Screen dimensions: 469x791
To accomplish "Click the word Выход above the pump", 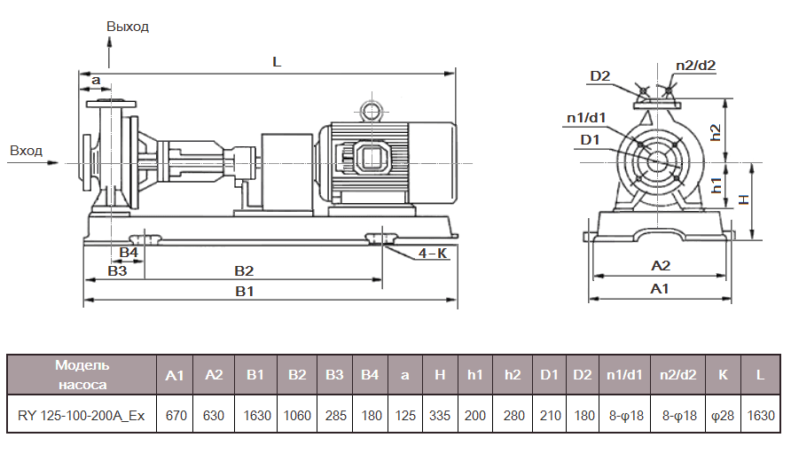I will click(128, 27).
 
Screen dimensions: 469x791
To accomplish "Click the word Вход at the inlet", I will click(26, 151).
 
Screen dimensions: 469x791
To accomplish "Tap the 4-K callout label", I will click(433, 254).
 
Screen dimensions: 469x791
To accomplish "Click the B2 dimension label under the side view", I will click(244, 270).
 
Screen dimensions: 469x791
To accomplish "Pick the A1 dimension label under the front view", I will click(660, 289).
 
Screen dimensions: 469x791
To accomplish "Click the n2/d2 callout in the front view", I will click(695, 65).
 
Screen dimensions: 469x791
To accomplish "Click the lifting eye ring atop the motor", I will click(368, 110).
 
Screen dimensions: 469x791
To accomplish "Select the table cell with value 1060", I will click(296, 414).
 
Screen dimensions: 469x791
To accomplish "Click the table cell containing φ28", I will click(723, 414).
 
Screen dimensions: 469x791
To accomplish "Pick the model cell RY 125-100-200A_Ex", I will click(82, 414).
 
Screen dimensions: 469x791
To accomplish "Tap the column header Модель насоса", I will click(82, 375).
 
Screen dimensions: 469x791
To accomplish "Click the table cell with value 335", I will click(440, 414).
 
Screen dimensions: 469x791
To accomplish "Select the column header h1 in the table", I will click(475, 375).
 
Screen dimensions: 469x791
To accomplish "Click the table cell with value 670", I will click(175, 414).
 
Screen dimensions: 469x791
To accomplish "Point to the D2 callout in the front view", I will click(600, 76).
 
